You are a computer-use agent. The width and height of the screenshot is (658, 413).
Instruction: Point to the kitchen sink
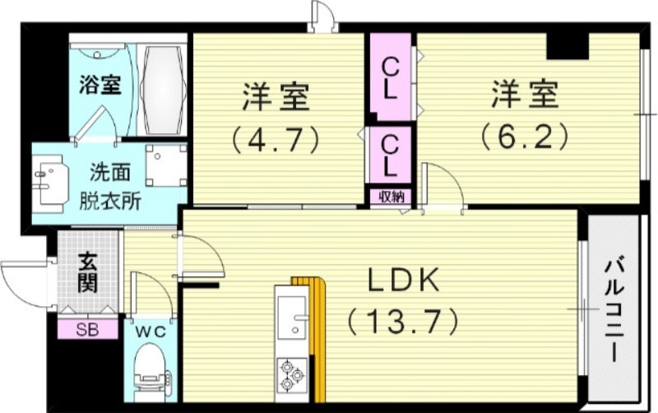point(290,317)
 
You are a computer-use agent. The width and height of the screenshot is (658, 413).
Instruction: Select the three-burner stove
point(291,374)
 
